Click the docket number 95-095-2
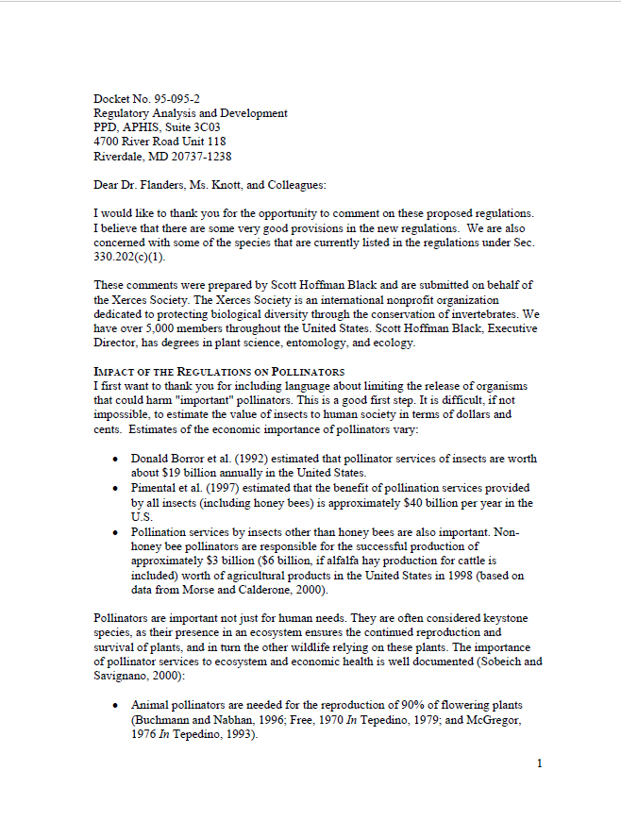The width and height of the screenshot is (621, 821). [x=178, y=99]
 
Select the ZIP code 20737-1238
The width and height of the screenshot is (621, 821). [x=198, y=156]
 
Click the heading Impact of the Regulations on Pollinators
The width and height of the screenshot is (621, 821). [x=219, y=371]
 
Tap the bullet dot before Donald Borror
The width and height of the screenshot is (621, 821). [x=114, y=459]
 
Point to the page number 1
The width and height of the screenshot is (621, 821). [x=539, y=762]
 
